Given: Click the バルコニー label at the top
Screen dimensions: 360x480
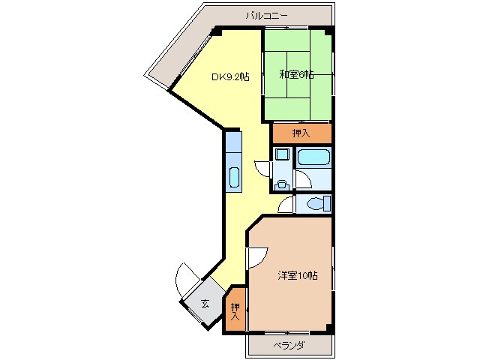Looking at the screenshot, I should click(266, 14).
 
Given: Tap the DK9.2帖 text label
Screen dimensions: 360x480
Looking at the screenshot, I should click(229, 76).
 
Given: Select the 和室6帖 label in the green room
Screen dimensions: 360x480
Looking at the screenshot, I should click(297, 75).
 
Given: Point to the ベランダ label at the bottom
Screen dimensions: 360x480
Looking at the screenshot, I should click(289, 345).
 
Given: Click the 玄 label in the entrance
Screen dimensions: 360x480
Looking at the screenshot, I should click(205, 304).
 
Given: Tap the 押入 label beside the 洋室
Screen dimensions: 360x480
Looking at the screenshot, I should click(235, 310).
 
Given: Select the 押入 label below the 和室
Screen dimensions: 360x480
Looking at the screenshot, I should click(301, 133).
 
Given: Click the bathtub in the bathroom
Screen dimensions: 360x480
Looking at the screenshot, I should click(313, 158).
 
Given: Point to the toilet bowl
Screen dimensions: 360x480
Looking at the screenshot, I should click(316, 202).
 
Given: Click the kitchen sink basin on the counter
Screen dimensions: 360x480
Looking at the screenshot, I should click(233, 178).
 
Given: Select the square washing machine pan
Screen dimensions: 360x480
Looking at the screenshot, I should click(282, 155).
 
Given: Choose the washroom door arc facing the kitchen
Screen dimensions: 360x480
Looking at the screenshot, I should click(262, 168).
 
